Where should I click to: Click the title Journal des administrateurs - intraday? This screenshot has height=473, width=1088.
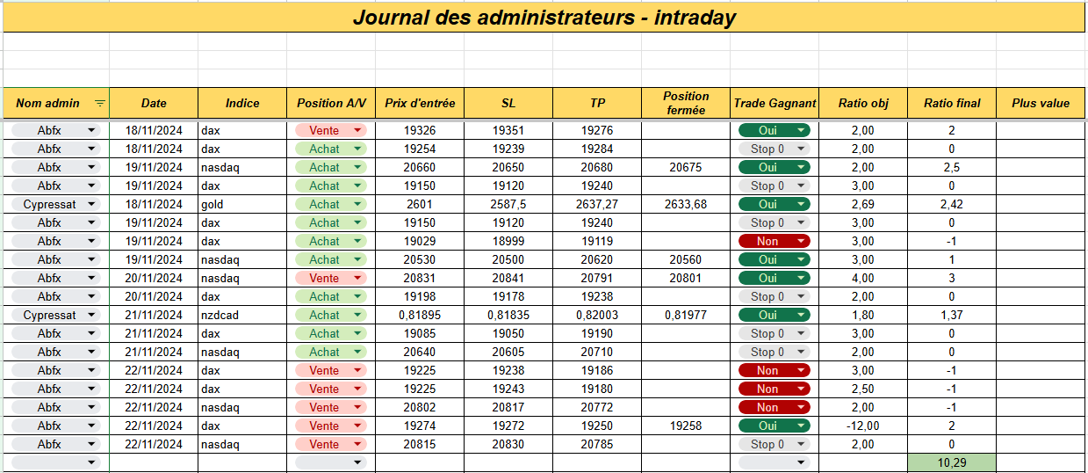pyautogui.click(x=544, y=18)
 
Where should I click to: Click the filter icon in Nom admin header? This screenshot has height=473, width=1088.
pyautogui.click(x=99, y=103)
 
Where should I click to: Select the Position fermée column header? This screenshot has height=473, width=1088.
pyautogui.click(x=686, y=103)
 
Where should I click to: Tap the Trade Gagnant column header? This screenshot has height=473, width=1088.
pyautogui.click(x=775, y=103)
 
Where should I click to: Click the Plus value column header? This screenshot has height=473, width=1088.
pyautogui.click(x=1041, y=103)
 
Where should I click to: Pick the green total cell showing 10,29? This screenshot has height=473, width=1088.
pyautogui.click(x=952, y=462)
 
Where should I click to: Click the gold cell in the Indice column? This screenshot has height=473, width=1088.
pyautogui.click(x=213, y=204)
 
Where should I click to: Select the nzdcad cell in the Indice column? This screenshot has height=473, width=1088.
pyautogui.click(x=220, y=315)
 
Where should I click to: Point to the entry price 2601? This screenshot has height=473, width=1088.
pyautogui.click(x=420, y=204)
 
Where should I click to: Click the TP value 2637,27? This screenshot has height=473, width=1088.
pyautogui.click(x=597, y=204)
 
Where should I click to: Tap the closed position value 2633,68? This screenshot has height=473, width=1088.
pyautogui.click(x=686, y=204)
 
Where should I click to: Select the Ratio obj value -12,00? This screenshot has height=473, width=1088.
pyautogui.click(x=862, y=426)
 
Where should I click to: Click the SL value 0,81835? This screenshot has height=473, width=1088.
pyautogui.click(x=508, y=315)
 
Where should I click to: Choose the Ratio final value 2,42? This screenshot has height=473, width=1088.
pyautogui.click(x=952, y=204)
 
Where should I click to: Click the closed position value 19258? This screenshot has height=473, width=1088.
pyautogui.click(x=686, y=426)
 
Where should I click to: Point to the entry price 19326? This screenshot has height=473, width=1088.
pyautogui.click(x=420, y=130)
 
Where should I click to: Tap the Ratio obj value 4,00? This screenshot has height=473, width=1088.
pyautogui.click(x=862, y=278)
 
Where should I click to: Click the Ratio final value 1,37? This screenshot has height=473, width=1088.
pyautogui.click(x=952, y=315)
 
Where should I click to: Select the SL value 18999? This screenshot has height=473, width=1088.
pyautogui.click(x=508, y=241)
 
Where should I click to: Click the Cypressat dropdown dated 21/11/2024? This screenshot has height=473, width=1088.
pyautogui.click(x=56, y=315)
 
